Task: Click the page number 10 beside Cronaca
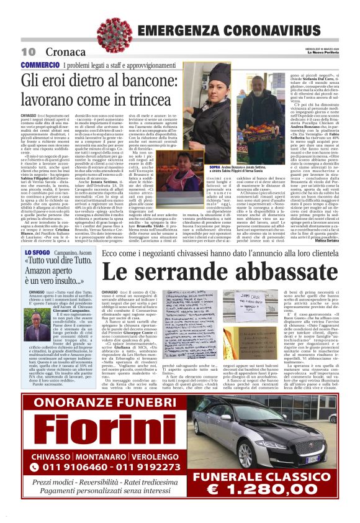pyautogui.click(x=28, y=51)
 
